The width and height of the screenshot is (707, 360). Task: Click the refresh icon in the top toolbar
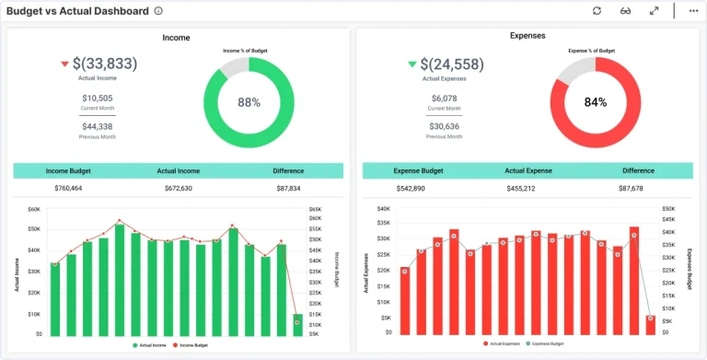pos(597,11)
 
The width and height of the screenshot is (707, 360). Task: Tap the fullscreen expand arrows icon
pos(654,11)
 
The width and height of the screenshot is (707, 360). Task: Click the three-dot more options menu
pos(693,11)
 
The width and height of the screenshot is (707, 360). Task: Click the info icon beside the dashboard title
pos(158,11)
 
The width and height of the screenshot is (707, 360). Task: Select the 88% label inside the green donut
pos(249,103)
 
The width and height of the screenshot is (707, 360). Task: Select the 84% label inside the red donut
pos(596,103)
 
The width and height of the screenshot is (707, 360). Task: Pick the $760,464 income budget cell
pos(68,188)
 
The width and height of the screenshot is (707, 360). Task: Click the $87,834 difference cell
pos(288,188)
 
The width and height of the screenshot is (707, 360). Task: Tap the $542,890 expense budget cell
pos(410,188)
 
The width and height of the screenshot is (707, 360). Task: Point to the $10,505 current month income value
pos(97,99)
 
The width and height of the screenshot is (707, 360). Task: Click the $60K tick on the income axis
pos(33,210)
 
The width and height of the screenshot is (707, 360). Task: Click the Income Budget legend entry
pos(191,344)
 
